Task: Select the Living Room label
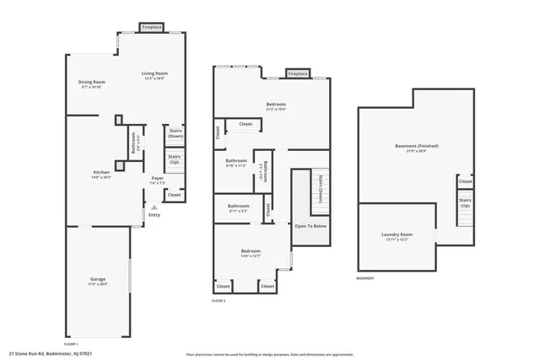point(154,74)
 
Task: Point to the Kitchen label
point(101,172)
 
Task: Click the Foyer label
point(158,178)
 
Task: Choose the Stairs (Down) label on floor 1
point(175,133)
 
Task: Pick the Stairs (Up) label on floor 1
point(175,159)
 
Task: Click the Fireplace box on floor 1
point(152,28)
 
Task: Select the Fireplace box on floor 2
point(298,73)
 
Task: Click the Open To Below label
point(310,226)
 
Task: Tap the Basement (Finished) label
point(416,146)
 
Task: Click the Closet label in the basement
point(465,181)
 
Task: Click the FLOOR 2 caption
point(219,300)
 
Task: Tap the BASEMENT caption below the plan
point(365,278)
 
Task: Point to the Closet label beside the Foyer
point(174,195)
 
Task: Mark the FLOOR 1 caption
point(71,344)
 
